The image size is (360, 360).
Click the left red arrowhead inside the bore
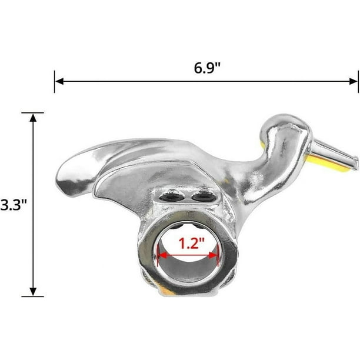pyautogui.click(x=161, y=255)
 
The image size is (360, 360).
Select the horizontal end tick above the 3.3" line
pyautogui.click(x=34, y=112)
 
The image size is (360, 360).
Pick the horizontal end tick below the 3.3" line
pyautogui.click(x=34, y=296)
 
